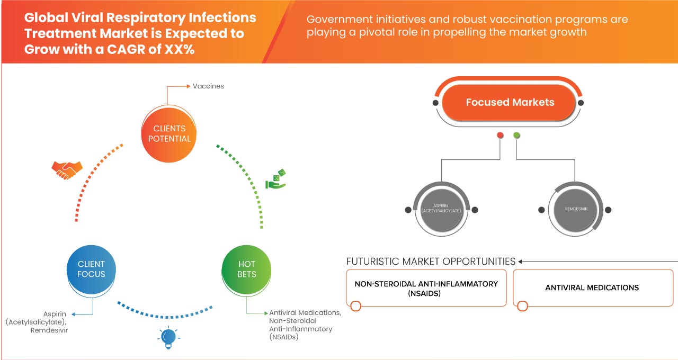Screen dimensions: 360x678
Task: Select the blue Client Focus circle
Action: pos(91,269)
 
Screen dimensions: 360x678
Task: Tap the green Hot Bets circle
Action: pos(246,269)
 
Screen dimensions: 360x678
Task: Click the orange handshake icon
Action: pos(67,169)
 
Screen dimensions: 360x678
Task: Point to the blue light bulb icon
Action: pos(168,338)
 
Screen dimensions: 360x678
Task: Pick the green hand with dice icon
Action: pos(276,179)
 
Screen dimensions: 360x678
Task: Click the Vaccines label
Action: pos(208,86)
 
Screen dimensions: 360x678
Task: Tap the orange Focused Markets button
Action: pos(510,103)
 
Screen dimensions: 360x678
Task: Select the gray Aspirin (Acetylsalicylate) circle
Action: pos(441,210)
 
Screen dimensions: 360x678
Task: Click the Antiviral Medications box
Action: pos(592,287)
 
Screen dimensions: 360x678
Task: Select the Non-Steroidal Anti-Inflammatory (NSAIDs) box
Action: pos(426,287)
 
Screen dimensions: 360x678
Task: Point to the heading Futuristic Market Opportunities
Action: pos(431,262)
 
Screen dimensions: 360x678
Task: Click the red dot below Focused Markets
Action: pos(500,136)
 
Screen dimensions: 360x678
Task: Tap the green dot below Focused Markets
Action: pos(517,136)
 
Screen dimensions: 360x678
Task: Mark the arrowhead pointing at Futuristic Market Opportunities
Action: pos(521,262)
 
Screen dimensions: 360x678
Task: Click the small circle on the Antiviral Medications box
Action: pos(523,306)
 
